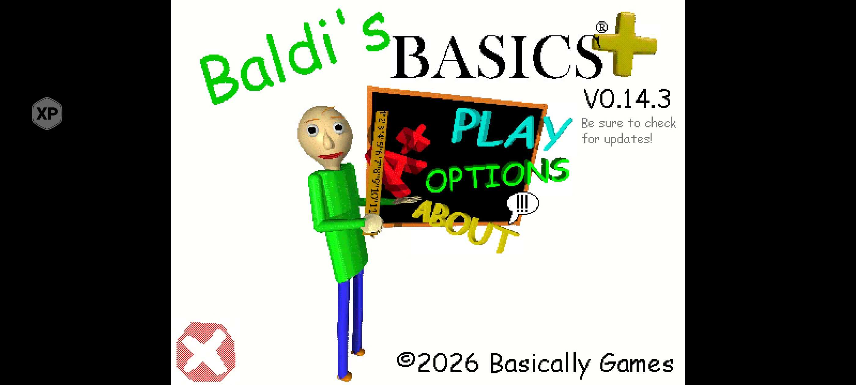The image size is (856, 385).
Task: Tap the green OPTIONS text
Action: pyautogui.click(x=497, y=175)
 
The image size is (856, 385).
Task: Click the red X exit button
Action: pyautogui.click(x=206, y=351)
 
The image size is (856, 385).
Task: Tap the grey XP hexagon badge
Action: pyautogui.click(x=47, y=113)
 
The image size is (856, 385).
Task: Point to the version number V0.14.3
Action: pyautogui.click(x=627, y=99)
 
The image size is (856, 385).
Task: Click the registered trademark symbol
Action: pyautogui.click(x=601, y=27)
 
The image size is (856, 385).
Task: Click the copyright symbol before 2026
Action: pyautogui.click(x=406, y=360)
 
